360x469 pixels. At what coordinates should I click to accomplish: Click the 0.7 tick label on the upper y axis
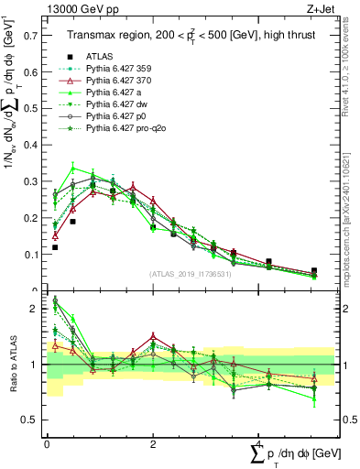click(x=29, y=36)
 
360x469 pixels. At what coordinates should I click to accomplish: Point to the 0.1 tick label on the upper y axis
click(x=29, y=255)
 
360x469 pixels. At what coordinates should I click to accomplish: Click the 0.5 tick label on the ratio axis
click(x=29, y=420)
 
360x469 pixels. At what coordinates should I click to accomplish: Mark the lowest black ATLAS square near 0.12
click(x=55, y=247)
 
